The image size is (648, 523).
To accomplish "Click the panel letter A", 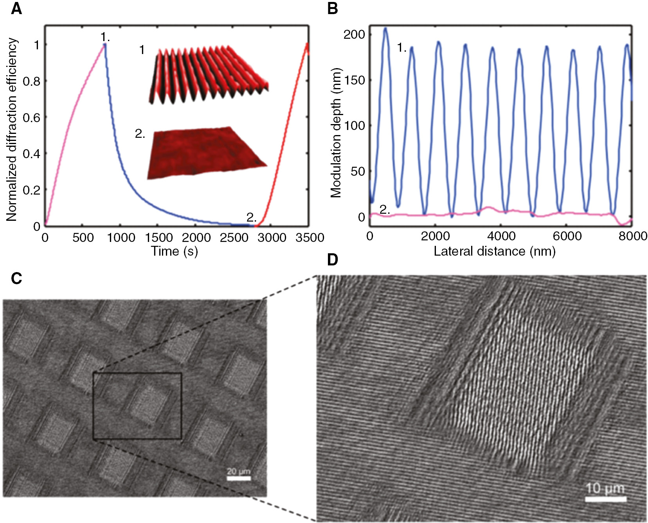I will point(16,9).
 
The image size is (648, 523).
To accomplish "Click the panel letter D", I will point(332,260).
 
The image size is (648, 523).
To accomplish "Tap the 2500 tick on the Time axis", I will point(234,238).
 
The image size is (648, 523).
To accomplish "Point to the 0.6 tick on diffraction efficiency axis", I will point(31,117).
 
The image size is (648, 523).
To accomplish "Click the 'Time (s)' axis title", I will point(175,251).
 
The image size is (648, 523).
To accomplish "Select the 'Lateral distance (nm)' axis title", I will point(494,251).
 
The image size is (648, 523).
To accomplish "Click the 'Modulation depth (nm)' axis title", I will point(336,133).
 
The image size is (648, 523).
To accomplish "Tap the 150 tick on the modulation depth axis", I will point(354,80).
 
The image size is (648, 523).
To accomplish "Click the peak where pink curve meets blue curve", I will point(104,45).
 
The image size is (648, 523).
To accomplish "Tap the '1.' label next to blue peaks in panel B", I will point(401,48).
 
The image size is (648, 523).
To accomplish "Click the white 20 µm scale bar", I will point(238,478).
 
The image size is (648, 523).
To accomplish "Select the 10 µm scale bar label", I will point(605,488).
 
